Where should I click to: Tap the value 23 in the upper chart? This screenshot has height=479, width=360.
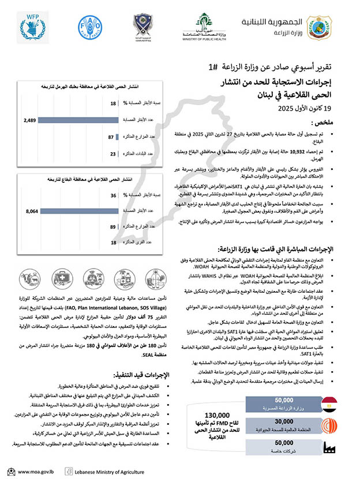pyautogui.click(x=113, y=154)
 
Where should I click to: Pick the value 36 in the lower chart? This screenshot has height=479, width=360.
pyautogui.click(x=114, y=195)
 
